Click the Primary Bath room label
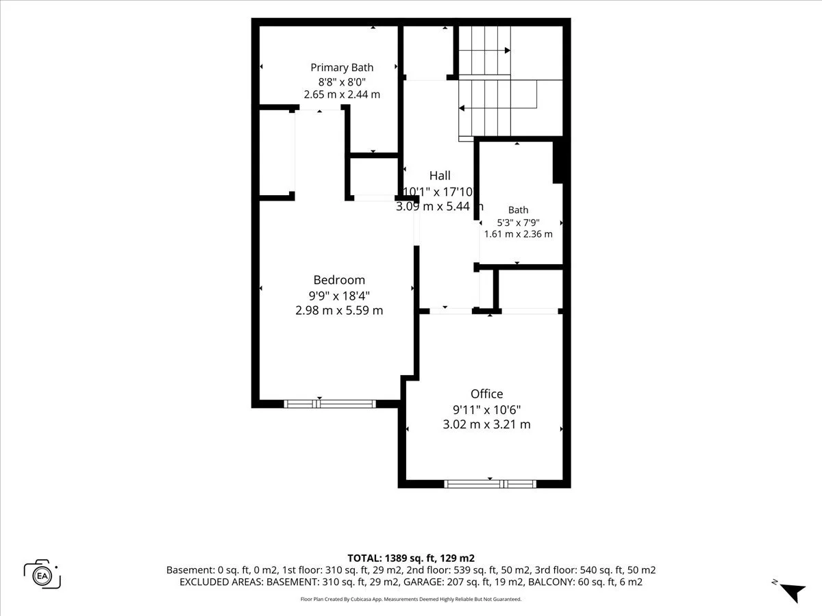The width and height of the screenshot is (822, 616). (342, 67)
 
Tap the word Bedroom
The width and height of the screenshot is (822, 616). (339, 280)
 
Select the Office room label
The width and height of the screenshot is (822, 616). (487, 394)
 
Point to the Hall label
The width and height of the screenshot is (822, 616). (440, 175)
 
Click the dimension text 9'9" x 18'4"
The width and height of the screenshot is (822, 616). (339, 296)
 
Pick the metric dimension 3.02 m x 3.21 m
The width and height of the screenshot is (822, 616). (487, 424)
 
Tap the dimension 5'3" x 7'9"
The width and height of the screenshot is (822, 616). (519, 223)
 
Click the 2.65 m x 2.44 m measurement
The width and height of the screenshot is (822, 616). (342, 94)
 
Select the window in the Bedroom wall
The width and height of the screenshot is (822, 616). (329, 404)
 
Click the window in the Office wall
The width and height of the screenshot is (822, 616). (490, 485)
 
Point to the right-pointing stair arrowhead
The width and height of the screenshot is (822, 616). (508, 50)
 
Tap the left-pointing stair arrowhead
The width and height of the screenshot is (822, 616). (462, 108)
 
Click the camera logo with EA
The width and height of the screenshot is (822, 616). (42, 574)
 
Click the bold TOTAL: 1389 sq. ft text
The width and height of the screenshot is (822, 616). (391, 559)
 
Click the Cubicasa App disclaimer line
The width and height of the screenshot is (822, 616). (411, 599)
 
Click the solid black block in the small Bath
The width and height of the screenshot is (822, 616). (558, 162)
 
